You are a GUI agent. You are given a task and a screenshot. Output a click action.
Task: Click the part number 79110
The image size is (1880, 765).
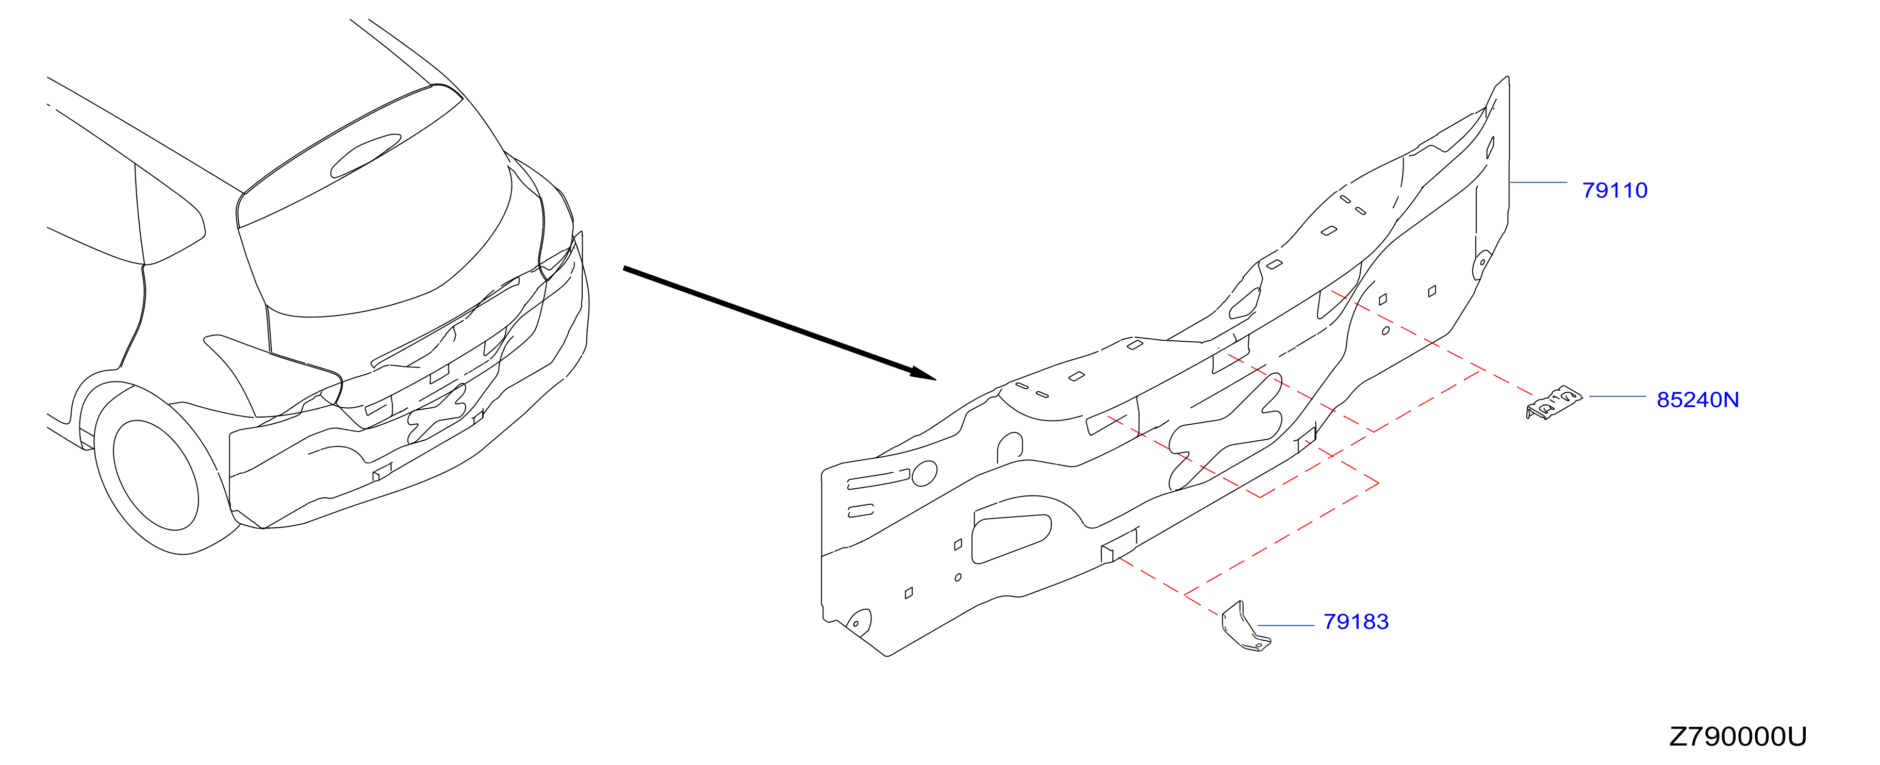pos(1614,191)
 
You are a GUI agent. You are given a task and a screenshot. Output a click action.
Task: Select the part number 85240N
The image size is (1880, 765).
pos(1697,400)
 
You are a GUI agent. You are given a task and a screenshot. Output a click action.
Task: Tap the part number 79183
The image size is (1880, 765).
pos(1356,622)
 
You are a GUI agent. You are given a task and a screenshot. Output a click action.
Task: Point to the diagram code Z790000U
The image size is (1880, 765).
pos(1738,737)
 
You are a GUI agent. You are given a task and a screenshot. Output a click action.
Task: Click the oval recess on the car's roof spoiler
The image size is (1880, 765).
pos(366,156)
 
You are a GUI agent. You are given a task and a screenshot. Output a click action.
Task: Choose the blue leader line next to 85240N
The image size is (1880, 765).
pos(1617,396)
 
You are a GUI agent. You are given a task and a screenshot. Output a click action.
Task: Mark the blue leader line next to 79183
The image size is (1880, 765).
pos(1286,626)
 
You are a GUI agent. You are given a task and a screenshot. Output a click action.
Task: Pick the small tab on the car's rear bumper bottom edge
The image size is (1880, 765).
pos(382,472)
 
